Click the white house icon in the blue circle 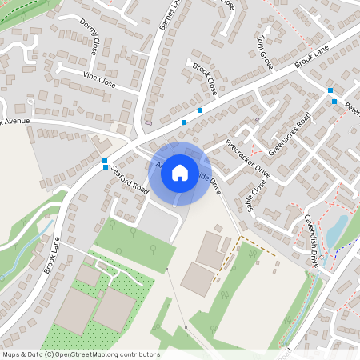[x=180, y=173]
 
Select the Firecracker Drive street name [x=248, y=159]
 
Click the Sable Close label [x=255, y=196]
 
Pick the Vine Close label [x=100, y=78]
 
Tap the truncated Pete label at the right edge [x=352, y=105]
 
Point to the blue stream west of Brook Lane [x=24, y=244]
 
